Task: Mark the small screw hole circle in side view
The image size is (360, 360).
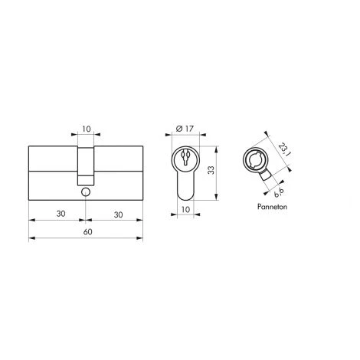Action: [x=87, y=184]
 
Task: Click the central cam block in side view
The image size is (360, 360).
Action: [x=87, y=161]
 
